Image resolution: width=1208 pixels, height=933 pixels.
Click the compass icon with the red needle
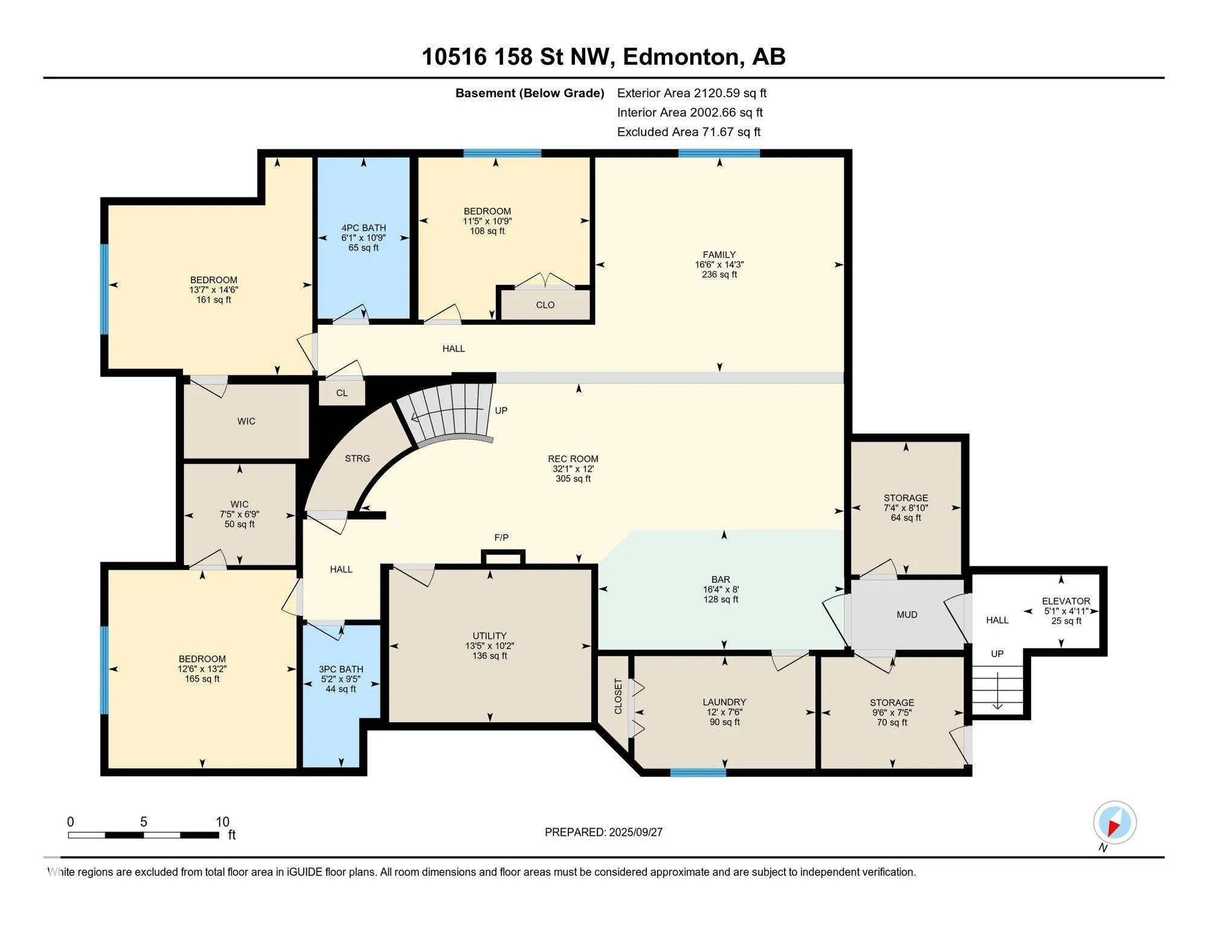(1114, 822)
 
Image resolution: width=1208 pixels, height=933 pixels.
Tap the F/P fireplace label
(501, 537)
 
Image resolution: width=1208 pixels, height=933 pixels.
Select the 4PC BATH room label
(364, 228)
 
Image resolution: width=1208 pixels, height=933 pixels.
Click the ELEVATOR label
(1066, 601)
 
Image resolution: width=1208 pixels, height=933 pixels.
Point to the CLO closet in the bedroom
(545, 305)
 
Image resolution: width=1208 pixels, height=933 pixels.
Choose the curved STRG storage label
(358, 458)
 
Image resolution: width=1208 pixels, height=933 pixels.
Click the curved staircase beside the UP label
(450, 414)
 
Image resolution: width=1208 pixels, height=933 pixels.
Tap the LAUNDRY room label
(724, 702)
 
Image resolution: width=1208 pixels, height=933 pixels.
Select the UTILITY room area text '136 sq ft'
(490, 656)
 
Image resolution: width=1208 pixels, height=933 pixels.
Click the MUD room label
(907, 615)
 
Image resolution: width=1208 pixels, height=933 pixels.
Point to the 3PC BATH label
(341, 669)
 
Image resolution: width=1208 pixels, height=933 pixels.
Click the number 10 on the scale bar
(223, 821)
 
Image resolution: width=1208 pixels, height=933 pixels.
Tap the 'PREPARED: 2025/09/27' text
(603, 832)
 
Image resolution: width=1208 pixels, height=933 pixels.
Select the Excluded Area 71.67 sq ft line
(689, 132)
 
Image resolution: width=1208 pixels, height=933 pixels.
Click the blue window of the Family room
(719, 153)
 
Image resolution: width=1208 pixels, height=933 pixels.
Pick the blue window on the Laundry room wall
(698, 772)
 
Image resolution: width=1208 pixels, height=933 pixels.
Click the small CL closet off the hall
(342, 393)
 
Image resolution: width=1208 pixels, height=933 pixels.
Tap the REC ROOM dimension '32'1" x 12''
(573, 469)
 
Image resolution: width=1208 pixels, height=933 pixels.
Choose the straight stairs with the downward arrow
(998, 688)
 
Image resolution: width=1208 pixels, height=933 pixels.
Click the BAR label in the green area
(721, 580)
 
